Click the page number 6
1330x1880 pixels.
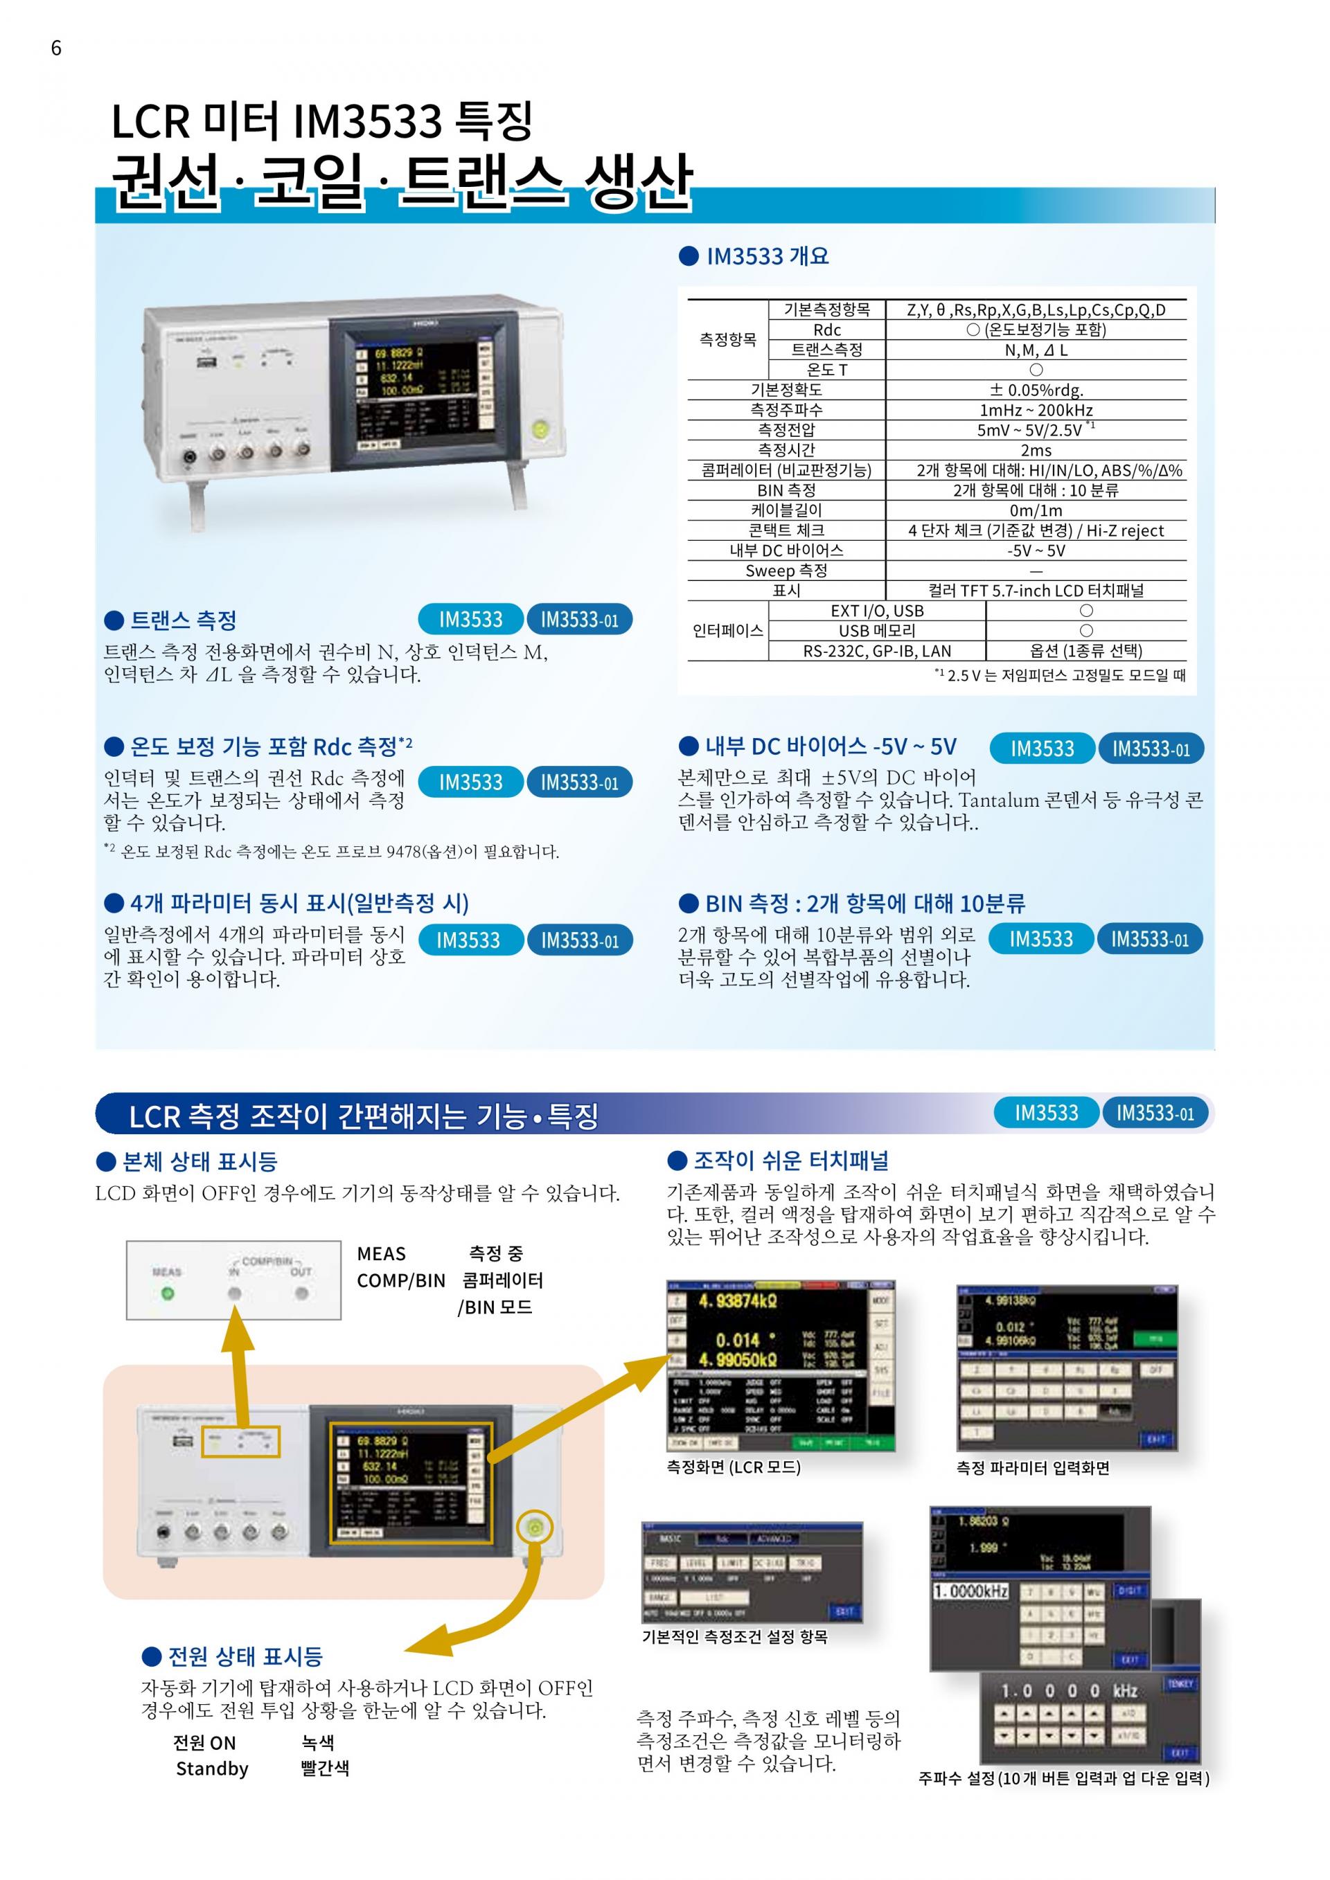(x=55, y=48)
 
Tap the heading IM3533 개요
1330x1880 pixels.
(x=767, y=256)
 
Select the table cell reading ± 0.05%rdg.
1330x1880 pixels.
(x=1036, y=390)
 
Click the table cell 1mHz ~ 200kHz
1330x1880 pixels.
(x=1036, y=410)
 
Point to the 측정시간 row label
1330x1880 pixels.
(x=786, y=449)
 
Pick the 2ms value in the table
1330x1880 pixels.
(x=1036, y=450)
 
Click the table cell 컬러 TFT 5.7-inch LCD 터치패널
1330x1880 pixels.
(x=1036, y=591)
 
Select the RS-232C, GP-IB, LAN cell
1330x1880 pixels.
(x=876, y=651)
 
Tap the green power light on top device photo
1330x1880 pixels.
(x=540, y=427)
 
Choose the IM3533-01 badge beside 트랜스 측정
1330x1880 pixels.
(x=579, y=620)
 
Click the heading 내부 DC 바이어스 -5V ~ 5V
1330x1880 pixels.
(x=831, y=746)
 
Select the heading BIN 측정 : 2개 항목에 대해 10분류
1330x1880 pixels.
(x=864, y=904)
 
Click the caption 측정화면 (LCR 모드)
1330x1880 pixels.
(x=734, y=1467)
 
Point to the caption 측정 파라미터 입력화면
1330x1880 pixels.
(x=1033, y=1468)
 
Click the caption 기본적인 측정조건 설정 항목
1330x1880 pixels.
(x=734, y=1636)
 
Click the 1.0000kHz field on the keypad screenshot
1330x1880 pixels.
(x=971, y=1592)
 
